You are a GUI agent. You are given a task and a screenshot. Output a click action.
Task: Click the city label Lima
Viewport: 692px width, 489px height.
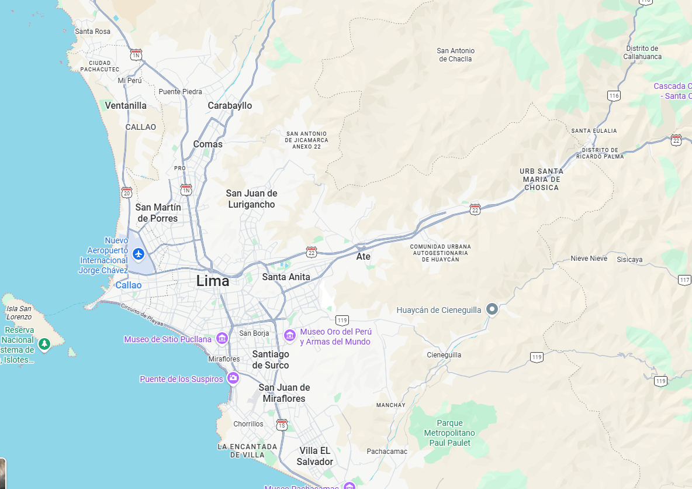(213, 281)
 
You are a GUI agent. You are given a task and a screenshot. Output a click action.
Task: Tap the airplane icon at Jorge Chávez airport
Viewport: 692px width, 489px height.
(139, 253)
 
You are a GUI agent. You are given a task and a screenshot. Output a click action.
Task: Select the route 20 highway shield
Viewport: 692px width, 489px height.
(127, 192)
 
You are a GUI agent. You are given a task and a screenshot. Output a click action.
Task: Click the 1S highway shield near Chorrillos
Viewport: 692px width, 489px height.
(282, 425)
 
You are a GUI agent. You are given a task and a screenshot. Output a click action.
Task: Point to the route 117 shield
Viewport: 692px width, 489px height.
(685, 280)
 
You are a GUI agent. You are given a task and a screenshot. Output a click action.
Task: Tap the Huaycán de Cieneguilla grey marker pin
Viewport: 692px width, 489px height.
(492, 309)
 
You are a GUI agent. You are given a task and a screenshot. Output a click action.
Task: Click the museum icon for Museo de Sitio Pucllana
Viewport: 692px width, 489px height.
(222, 339)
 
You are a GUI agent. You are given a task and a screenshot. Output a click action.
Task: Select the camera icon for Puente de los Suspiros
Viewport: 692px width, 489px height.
(233, 378)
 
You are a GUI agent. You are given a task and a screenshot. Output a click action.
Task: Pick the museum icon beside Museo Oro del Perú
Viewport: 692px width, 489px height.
(289, 335)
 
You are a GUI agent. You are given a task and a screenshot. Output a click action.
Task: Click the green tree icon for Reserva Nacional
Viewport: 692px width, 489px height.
(44, 345)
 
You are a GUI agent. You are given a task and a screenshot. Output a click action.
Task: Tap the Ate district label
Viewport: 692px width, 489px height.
(363, 256)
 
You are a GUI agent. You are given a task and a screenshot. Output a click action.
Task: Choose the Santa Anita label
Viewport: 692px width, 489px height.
(286, 277)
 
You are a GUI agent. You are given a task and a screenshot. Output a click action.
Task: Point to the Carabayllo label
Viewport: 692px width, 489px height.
(230, 106)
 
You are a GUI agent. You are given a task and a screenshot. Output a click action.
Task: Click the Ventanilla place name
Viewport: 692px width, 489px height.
(126, 106)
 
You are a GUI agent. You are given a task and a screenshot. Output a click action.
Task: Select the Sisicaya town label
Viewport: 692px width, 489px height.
(629, 259)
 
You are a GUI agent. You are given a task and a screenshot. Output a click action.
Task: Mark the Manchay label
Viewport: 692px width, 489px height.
(390, 405)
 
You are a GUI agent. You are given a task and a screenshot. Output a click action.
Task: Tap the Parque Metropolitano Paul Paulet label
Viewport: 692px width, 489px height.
(449, 433)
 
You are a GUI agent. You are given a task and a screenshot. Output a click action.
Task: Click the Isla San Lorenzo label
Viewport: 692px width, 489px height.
(19, 312)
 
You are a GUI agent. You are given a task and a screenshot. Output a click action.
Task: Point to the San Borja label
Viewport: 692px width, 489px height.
(254, 333)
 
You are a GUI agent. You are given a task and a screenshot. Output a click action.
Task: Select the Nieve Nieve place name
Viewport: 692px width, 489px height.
(589, 259)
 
